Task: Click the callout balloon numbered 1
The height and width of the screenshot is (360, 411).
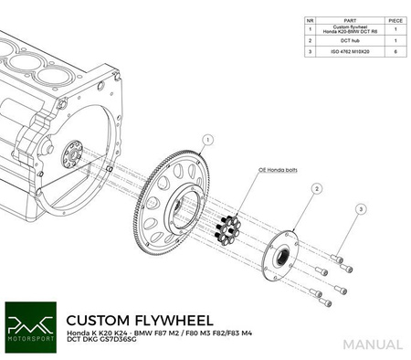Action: [208, 140]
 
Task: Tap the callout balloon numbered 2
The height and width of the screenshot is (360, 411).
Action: [316, 188]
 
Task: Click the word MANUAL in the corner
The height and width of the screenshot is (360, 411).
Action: [373, 344]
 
